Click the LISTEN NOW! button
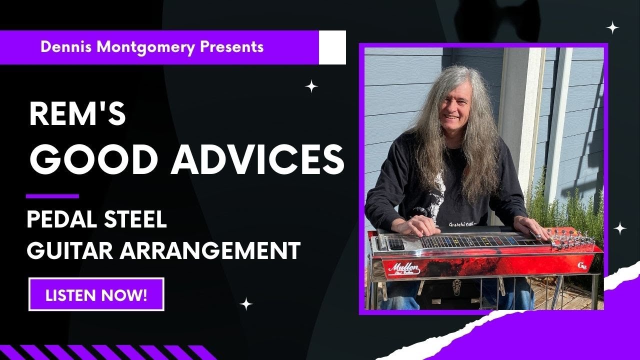(x=96, y=294)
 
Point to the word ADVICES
(x=257, y=159)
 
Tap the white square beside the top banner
(x=332, y=47)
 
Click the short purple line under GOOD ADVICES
(x=52, y=196)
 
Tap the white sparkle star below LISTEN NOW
(x=245, y=303)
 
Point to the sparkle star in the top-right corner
(x=612, y=28)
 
